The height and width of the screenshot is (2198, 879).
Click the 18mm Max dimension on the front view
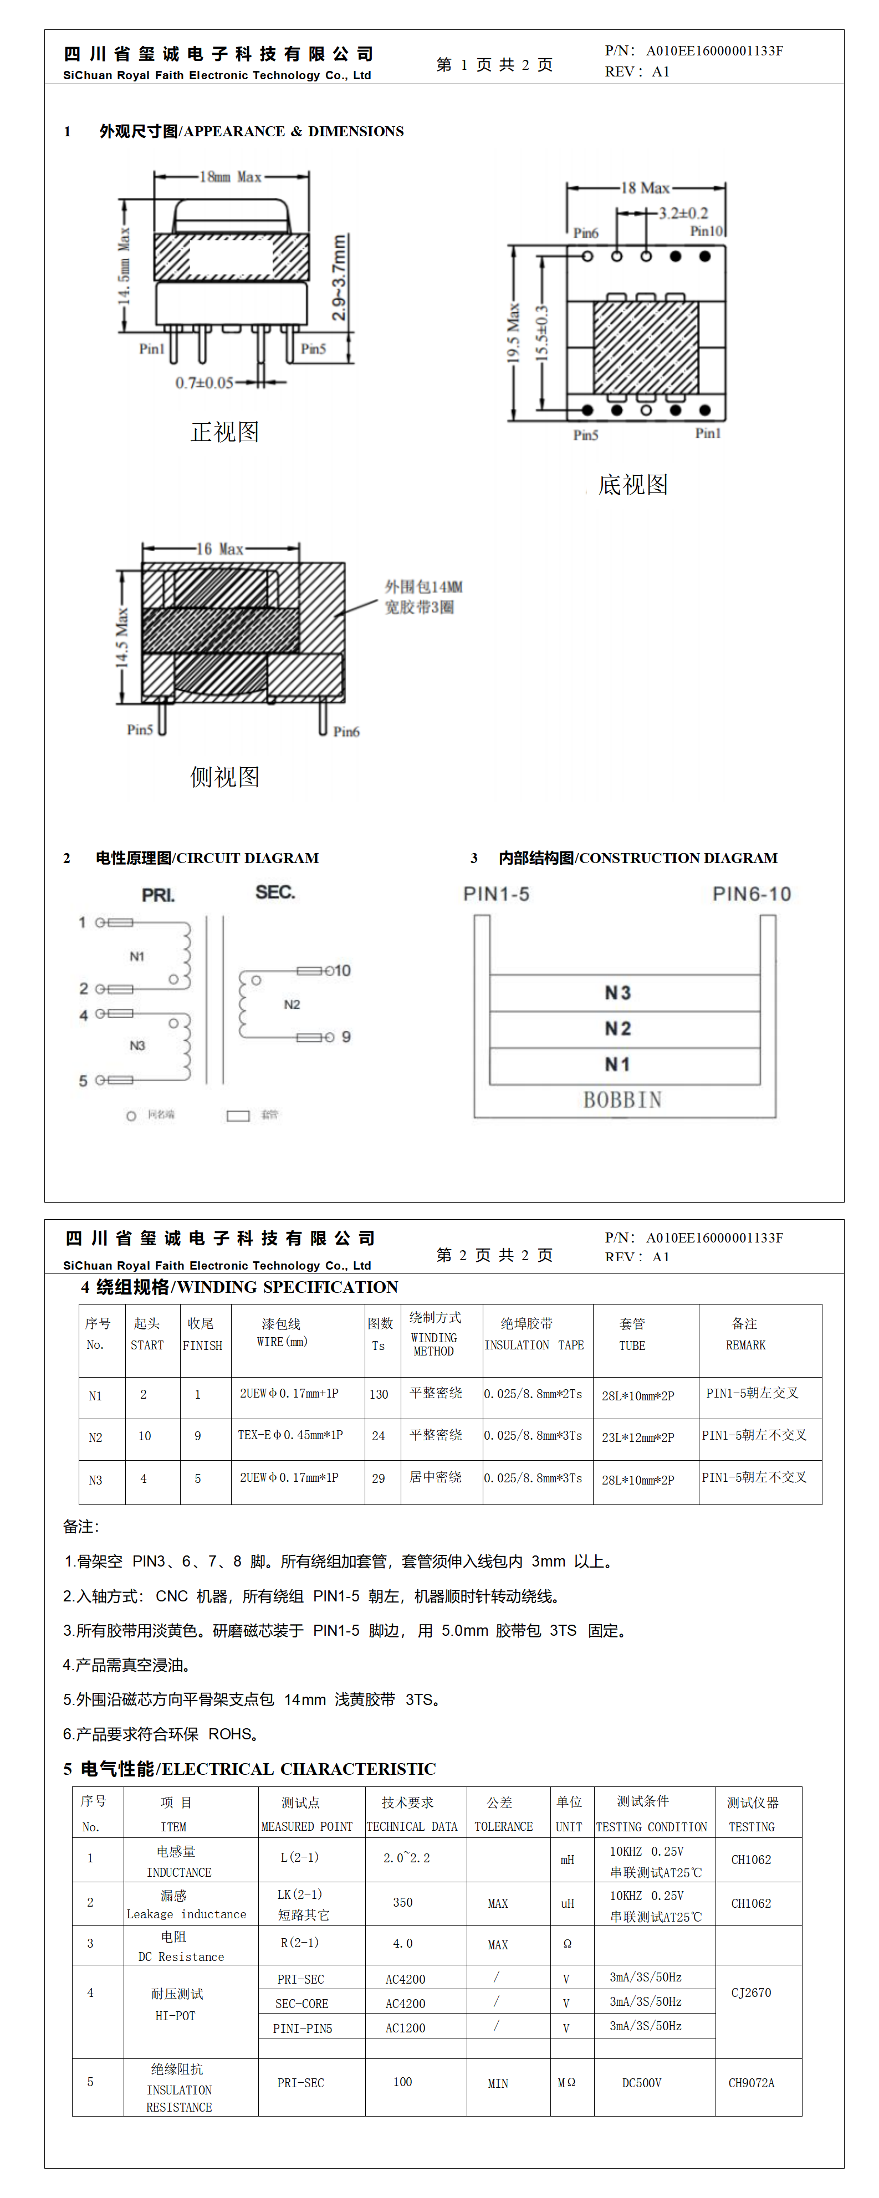[x=231, y=177]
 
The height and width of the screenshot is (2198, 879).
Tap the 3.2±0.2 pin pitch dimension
[x=683, y=213]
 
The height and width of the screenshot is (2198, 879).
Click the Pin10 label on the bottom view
[x=707, y=230]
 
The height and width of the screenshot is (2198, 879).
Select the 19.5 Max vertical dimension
[x=513, y=333]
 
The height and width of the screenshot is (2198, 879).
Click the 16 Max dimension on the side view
[x=220, y=548]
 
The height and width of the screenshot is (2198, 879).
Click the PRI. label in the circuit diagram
[x=159, y=895]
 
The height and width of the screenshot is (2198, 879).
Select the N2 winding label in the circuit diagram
[x=292, y=1004]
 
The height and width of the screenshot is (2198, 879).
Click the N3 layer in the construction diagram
[x=618, y=992]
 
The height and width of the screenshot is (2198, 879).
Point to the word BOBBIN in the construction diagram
[x=622, y=1100]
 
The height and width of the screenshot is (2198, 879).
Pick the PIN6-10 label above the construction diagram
[x=752, y=893]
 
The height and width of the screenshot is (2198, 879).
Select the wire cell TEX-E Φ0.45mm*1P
[x=290, y=1435]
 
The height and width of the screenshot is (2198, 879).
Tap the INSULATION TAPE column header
[x=534, y=1345]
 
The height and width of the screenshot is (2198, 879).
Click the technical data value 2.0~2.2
[x=406, y=1857]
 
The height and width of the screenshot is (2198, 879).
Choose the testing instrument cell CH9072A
[x=751, y=2083]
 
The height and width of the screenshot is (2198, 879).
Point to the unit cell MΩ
[x=566, y=2083]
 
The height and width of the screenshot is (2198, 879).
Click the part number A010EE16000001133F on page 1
[x=714, y=50]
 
